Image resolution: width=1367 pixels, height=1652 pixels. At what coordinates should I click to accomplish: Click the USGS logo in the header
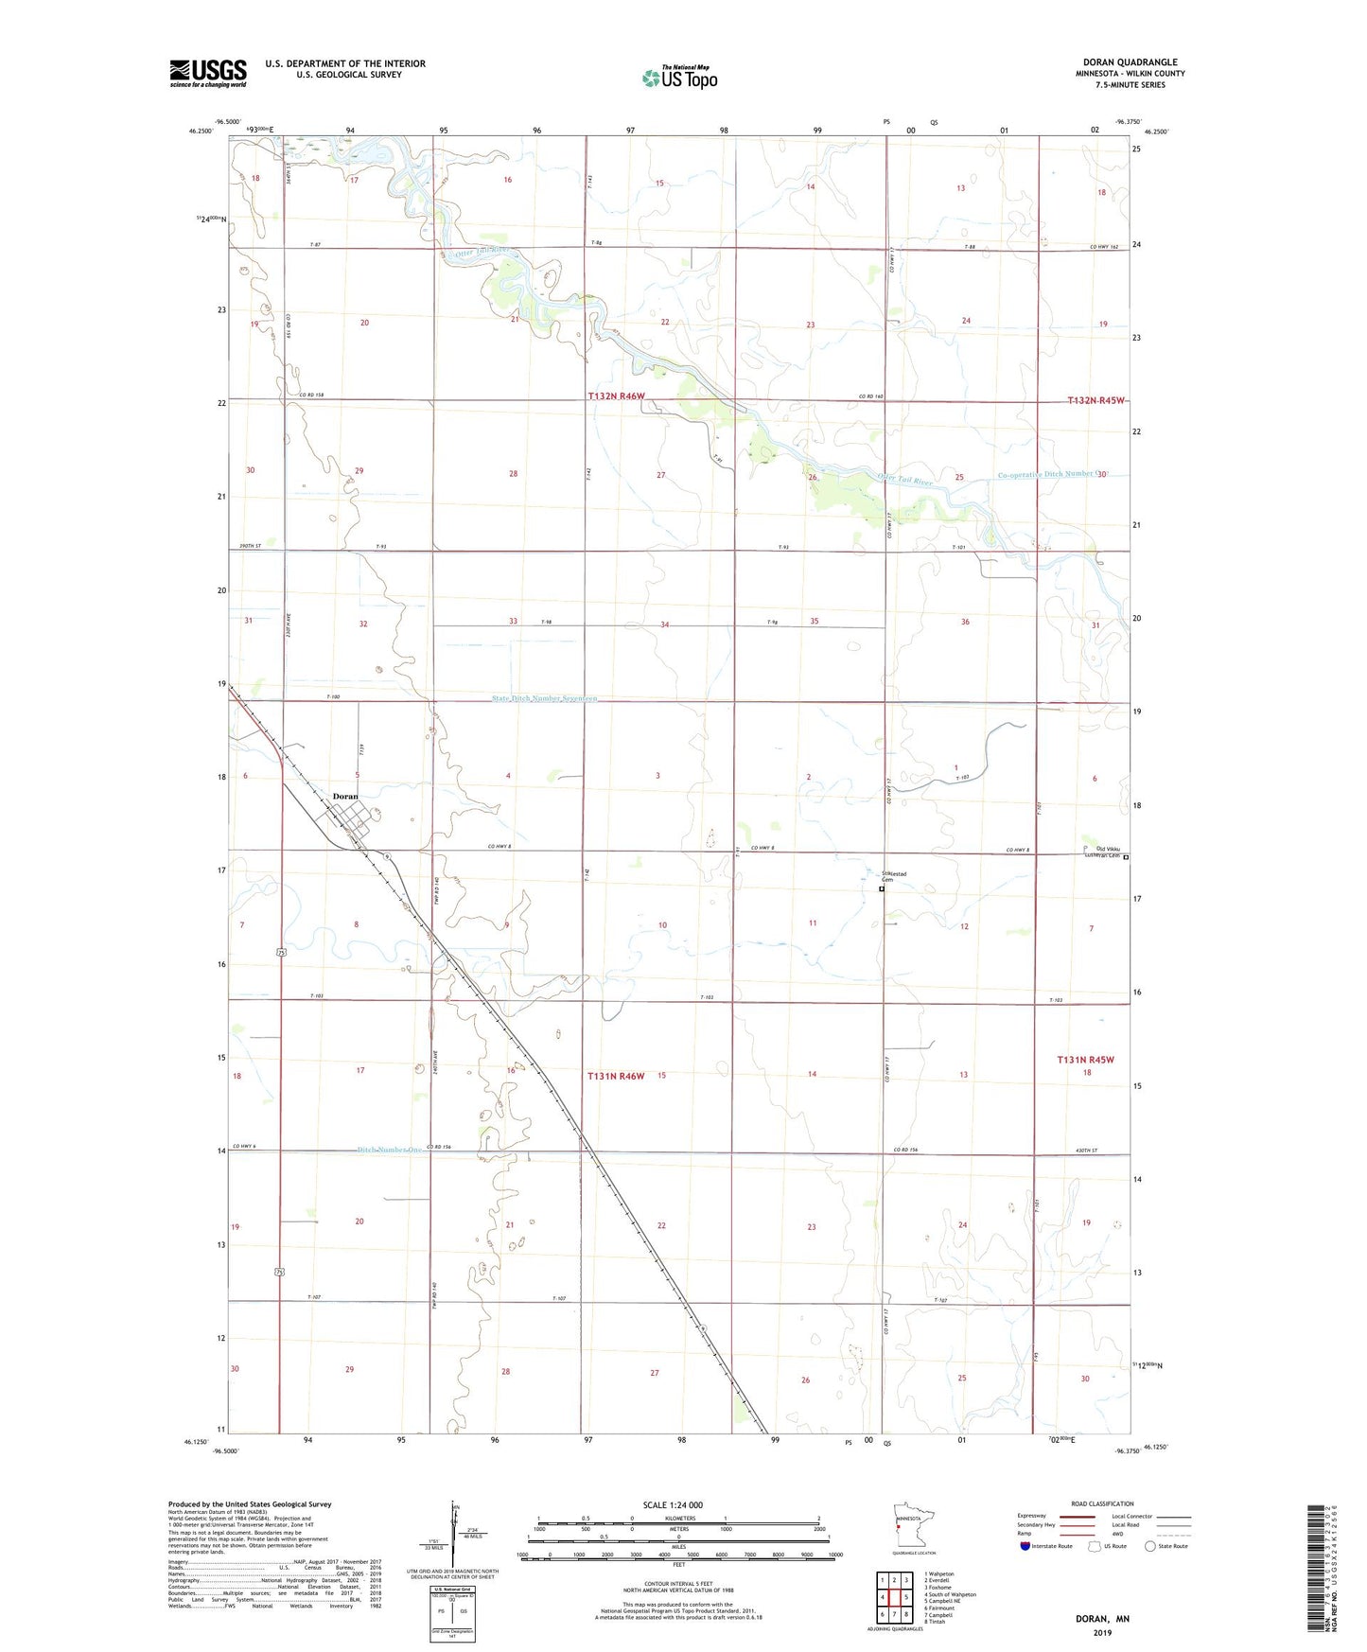point(208,73)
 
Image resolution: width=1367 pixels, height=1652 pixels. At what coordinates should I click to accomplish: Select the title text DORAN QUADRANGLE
point(1130,62)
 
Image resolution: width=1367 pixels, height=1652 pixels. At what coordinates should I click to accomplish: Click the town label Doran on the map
point(345,797)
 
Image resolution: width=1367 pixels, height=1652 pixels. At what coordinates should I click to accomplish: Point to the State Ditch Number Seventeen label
point(544,698)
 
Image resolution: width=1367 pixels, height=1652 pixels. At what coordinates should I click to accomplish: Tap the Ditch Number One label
point(390,1150)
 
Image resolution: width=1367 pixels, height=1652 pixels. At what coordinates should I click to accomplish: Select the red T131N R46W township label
point(616,1076)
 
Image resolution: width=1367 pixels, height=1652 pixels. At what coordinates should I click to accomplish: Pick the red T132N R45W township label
point(1095,400)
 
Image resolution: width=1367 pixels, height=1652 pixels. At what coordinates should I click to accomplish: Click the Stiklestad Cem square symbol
point(882,889)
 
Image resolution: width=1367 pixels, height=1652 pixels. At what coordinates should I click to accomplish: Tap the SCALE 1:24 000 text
point(673,1505)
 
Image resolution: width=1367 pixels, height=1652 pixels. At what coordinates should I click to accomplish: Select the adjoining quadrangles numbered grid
point(894,1598)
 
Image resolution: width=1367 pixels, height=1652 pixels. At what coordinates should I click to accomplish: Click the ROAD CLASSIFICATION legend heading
point(1102,1503)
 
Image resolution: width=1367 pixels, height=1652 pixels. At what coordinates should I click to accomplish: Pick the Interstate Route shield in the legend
point(1025,1546)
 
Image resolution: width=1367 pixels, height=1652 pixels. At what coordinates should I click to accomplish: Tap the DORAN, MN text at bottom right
point(1102,1619)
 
